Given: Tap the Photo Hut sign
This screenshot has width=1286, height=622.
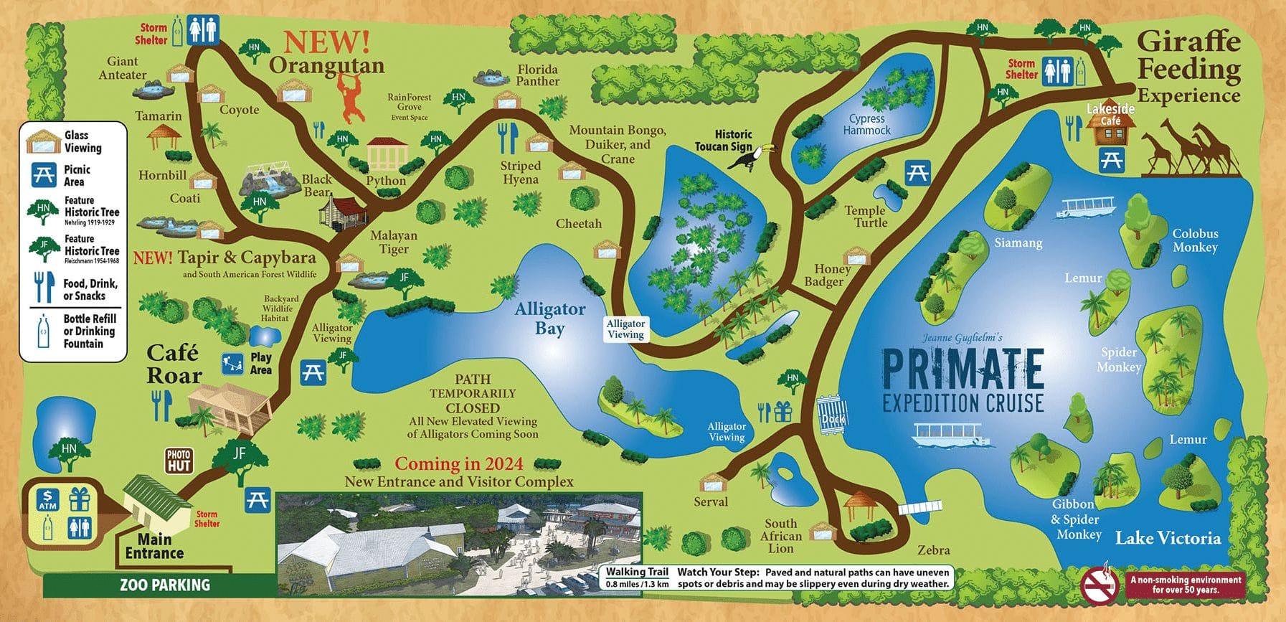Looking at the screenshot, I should click(179, 461).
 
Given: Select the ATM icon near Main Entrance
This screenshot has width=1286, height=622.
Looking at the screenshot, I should click(48, 499).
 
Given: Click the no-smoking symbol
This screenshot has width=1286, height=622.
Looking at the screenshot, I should click(1100, 585).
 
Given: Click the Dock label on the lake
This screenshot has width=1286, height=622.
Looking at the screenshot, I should click(833, 418).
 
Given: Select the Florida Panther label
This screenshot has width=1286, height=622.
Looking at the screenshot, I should click(537, 75).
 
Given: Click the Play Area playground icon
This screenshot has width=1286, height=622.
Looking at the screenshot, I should click(232, 364).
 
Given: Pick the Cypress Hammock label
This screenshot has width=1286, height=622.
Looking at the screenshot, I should click(866, 124).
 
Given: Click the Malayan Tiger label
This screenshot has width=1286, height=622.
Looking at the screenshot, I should click(394, 242).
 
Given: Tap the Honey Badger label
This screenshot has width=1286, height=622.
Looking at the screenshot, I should click(828, 275).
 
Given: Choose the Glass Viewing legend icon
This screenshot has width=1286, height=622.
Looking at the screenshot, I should click(43, 141).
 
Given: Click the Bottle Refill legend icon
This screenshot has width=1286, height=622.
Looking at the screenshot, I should click(43, 331).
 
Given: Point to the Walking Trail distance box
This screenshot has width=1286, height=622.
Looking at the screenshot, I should click(637, 578).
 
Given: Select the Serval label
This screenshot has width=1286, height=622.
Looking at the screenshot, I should click(710, 501).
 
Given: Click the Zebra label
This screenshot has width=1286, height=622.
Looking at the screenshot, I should click(933, 550).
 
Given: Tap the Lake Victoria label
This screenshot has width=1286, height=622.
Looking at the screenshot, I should click(1168, 538).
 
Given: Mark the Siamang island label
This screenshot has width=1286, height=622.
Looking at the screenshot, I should click(1018, 242).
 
